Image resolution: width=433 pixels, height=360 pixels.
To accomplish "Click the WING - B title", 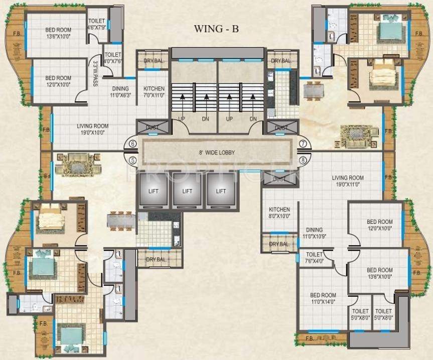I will point(216,29).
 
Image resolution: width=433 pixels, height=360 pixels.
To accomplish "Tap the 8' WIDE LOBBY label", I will point(216,153).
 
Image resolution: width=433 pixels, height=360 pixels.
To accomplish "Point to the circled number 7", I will point(303,144).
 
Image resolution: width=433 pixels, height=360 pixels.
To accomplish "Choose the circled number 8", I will point(303,161).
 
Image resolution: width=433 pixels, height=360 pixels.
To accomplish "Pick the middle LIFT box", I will point(187,191).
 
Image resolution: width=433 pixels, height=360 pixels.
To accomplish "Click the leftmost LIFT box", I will point(153,191).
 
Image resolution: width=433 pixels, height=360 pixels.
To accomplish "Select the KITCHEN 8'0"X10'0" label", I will point(279,213).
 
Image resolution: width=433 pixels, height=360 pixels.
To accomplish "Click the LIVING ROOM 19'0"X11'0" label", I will point(348,181).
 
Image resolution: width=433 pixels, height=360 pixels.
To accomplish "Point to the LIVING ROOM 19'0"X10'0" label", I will point(93,130).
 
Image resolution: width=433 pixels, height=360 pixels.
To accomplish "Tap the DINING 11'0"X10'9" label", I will point(315,232).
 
